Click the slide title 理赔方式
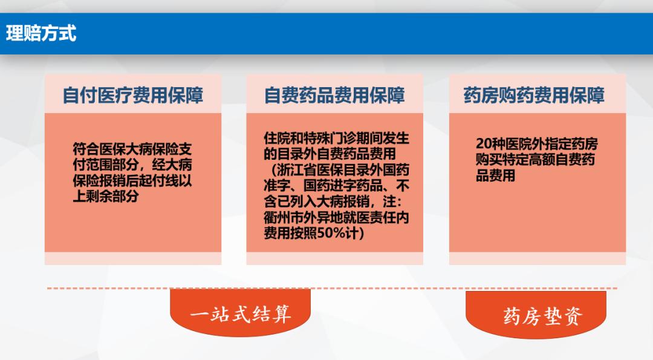pos(41,33)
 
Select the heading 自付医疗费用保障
pos(133,96)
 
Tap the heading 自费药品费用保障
pos(334,96)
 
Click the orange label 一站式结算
pos(241,315)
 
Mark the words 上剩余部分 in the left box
pos(106,196)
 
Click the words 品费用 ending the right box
pos(495,176)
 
